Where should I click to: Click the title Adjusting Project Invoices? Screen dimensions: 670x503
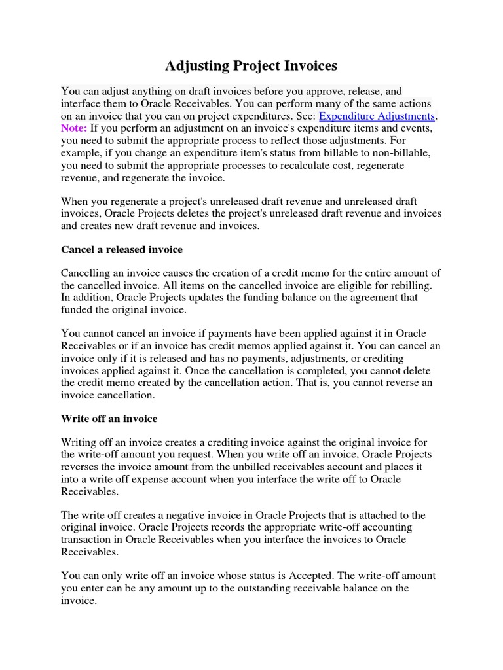coord(251,65)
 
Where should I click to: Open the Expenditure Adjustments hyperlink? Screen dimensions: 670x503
coord(377,116)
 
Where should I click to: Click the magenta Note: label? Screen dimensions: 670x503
coord(74,128)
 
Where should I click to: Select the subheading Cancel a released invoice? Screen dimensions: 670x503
coord(122,249)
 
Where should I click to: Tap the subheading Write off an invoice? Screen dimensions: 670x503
coord(109,418)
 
